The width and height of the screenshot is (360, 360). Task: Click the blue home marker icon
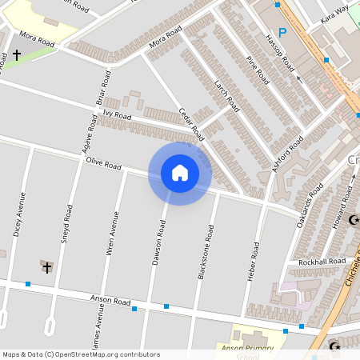tap(180, 174)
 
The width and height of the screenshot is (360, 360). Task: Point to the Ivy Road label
tap(117, 115)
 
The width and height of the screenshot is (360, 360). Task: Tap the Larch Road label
tap(227, 94)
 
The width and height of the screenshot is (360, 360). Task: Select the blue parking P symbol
tap(282, 34)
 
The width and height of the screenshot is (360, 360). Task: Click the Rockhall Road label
tap(322, 262)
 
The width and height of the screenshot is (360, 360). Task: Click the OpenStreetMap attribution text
tap(80, 354)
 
